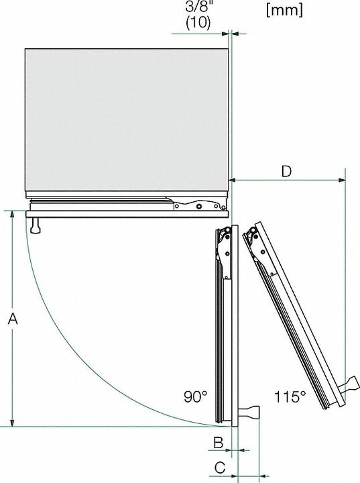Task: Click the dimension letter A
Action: (x=12, y=321)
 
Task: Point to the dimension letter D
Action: (x=286, y=171)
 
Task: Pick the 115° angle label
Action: (x=290, y=396)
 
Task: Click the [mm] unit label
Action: (x=284, y=10)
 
